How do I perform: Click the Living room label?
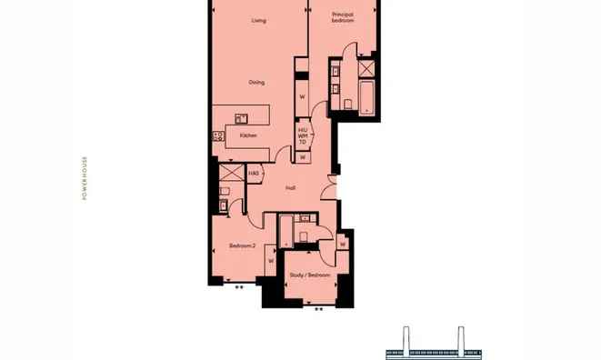click(259, 20)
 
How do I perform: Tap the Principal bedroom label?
click(343, 17)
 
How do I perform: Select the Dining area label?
click(256, 82)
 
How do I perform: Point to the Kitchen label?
click(248, 135)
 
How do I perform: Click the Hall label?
click(290, 188)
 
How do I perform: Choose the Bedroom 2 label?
click(242, 245)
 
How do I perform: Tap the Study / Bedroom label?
click(310, 275)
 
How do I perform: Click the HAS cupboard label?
click(254, 174)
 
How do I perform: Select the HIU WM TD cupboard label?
click(303, 136)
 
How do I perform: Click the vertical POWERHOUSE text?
click(85, 178)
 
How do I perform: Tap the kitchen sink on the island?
click(241, 118)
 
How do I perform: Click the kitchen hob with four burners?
click(218, 135)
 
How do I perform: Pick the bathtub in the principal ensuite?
click(366, 97)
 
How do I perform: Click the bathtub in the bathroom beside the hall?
click(286, 231)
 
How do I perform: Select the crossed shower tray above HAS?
click(232, 172)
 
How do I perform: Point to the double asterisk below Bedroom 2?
click(239, 287)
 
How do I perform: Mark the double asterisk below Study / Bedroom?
click(318, 309)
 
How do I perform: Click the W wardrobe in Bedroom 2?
click(271, 260)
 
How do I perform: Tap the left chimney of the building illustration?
click(406, 338)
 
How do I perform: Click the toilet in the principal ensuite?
click(348, 105)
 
